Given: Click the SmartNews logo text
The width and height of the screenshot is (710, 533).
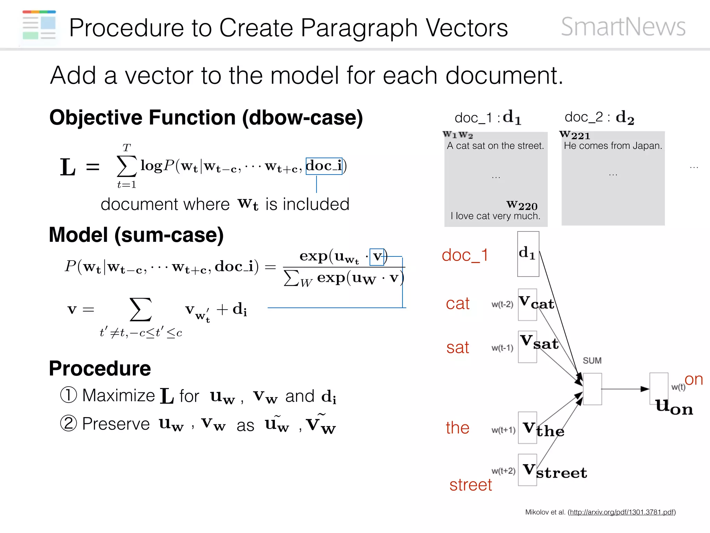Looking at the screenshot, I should [623, 27].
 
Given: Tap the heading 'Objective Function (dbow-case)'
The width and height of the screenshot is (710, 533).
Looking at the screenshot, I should [206, 117].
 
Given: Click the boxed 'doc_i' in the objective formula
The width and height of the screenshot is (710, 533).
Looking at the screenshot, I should [324, 166].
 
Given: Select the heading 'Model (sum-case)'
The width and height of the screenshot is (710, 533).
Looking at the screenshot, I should [136, 235].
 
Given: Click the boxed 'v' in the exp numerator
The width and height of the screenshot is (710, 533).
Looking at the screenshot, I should [377, 257].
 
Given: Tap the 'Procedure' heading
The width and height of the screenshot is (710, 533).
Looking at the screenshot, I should [100, 368].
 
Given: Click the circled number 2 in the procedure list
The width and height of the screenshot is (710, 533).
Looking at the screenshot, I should [68, 423].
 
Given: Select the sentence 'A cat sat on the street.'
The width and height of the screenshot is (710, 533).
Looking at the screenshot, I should [495, 146].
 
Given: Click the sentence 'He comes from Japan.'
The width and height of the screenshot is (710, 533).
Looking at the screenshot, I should [613, 146].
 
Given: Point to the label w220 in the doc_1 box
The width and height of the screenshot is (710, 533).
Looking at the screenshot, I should [522, 205].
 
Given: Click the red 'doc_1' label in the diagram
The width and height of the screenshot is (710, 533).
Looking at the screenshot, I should [465, 255].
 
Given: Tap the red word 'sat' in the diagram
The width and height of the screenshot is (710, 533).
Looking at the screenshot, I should [457, 347].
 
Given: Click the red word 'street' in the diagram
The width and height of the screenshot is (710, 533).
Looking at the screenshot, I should [470, 485].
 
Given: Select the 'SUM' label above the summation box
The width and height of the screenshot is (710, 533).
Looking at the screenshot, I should [592, 361].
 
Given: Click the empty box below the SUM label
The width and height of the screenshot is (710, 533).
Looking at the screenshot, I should [592, 389].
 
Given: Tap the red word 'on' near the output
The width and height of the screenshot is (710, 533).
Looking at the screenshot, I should [693, 379].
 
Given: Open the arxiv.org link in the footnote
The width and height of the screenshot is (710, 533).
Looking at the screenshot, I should [622, 512].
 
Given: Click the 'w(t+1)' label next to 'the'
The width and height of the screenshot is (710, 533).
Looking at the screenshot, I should [503, 430].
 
